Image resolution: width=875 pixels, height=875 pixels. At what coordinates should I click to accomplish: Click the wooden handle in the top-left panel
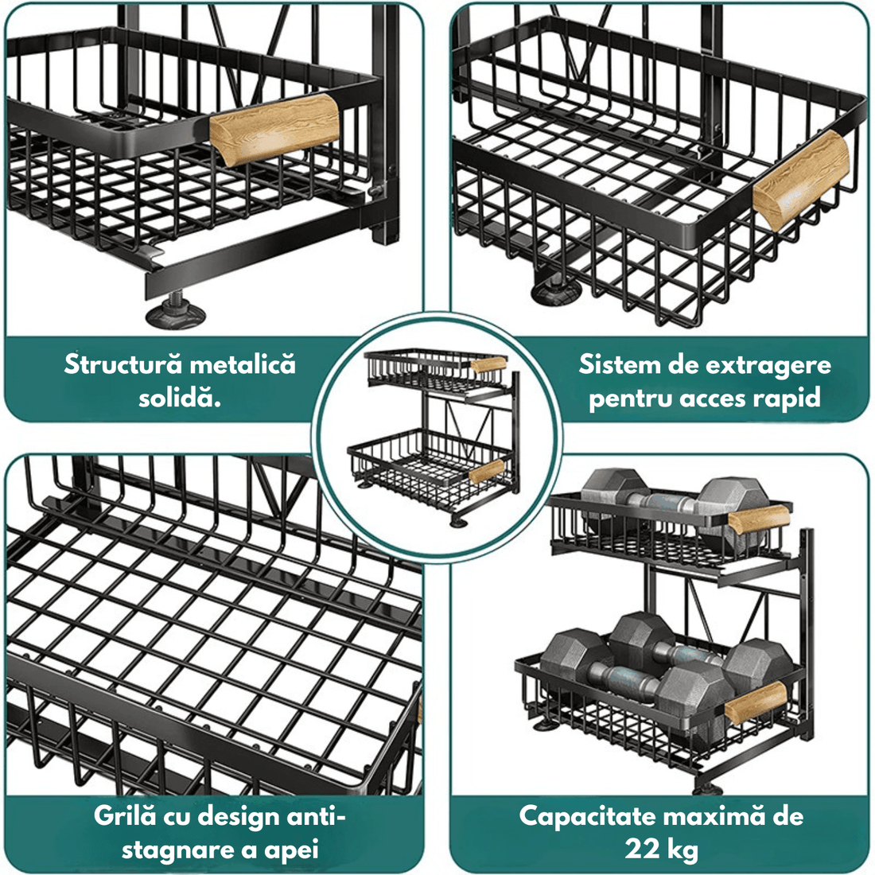[274, 130]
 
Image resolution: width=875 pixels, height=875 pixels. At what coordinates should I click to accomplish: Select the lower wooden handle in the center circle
[486, 471]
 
